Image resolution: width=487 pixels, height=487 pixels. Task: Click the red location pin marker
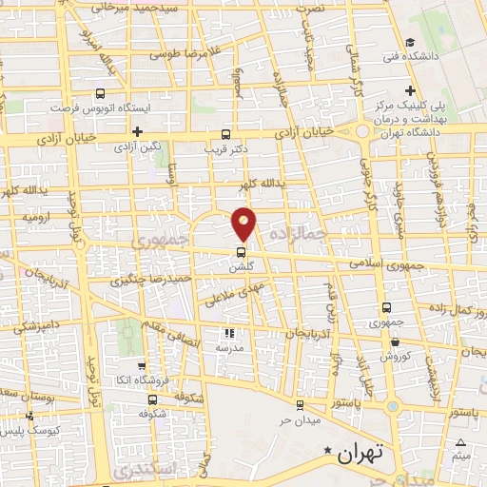244,223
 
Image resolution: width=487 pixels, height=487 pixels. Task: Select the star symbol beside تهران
329,450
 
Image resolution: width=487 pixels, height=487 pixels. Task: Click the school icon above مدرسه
228,333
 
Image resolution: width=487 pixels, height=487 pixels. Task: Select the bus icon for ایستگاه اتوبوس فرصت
100,93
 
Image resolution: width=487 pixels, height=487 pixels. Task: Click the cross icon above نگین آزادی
139,131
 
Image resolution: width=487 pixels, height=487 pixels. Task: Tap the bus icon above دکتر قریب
225,134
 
